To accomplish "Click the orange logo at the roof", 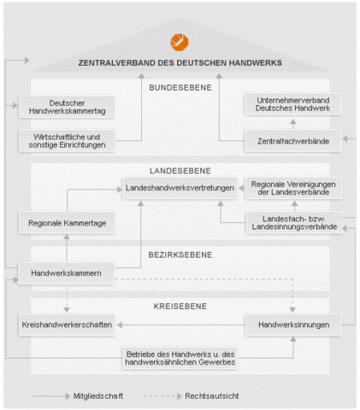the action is [180, 43].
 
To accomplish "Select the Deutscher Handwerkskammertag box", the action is [67, 107].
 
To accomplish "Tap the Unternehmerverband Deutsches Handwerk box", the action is [292, 104].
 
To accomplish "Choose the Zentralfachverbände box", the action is [292, 141].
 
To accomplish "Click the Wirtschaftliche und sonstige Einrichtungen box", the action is [67, 141].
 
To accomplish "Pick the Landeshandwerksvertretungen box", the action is [180, 188].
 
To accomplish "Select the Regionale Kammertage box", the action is [67, 223].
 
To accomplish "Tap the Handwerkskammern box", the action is [66, 273].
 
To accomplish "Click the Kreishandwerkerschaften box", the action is [67, 325].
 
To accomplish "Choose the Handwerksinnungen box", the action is [293, 325].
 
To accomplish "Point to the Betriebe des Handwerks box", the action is [180, 358].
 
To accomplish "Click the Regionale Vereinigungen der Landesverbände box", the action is [293, 188].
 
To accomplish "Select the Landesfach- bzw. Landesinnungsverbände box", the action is [294, 223].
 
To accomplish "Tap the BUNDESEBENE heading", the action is [180, 88].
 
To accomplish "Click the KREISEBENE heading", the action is [180, 307].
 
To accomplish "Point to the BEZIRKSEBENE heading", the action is [180, 255].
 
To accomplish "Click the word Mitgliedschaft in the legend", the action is [98, 396].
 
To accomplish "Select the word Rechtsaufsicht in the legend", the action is [212, 396].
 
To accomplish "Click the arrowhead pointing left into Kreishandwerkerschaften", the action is [120, 325].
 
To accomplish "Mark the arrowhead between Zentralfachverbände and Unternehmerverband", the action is [293, 122].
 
